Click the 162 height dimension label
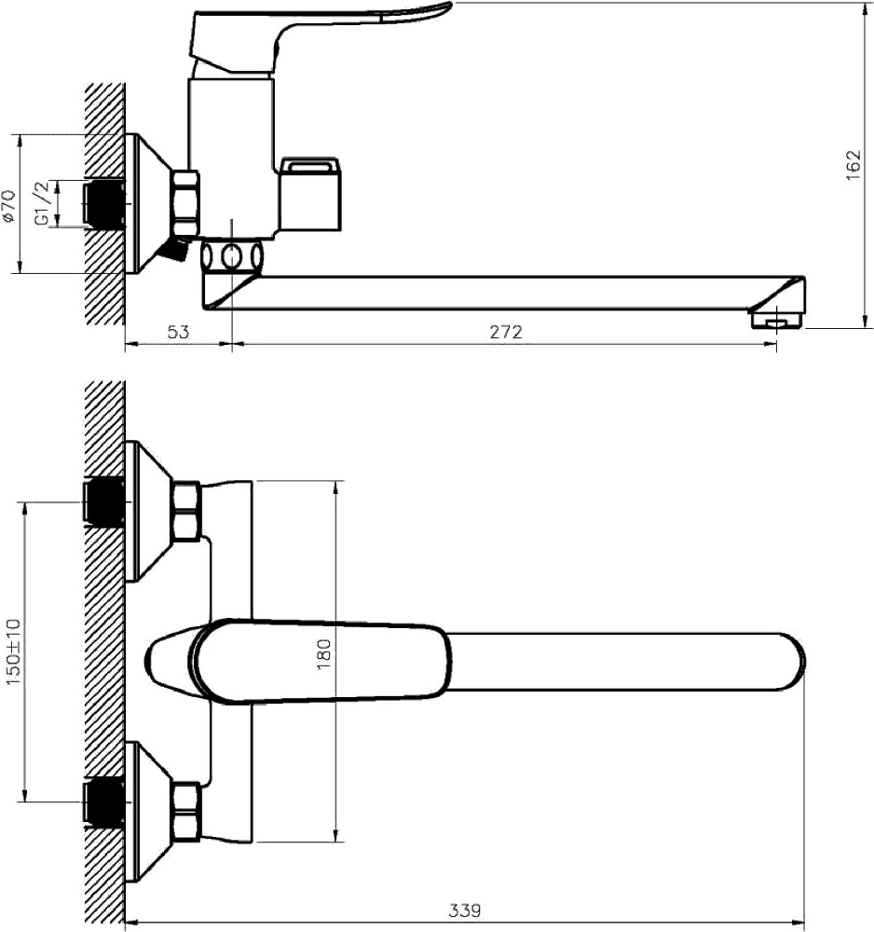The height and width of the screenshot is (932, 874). tap(853, 165)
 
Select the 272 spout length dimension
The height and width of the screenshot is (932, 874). tap(506, 332)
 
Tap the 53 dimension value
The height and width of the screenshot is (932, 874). tap(178, 332)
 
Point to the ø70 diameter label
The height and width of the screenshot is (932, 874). tap(8, 206)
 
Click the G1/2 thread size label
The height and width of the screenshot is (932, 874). tap(42, 202)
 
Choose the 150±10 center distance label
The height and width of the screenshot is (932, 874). tap(13, 651)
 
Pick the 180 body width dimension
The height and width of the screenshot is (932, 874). tap(324, 654)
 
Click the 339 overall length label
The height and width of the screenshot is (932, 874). tap(465, 910)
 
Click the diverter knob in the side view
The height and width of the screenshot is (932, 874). tap(310, 194)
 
